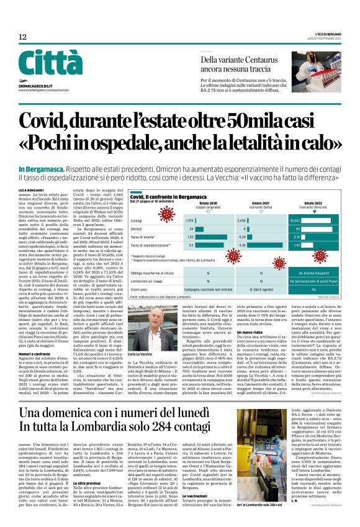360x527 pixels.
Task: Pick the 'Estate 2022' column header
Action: tap(313, 203)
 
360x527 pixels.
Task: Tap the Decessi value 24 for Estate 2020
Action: tap(191, 228)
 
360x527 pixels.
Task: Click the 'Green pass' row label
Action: tap(141, 289)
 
